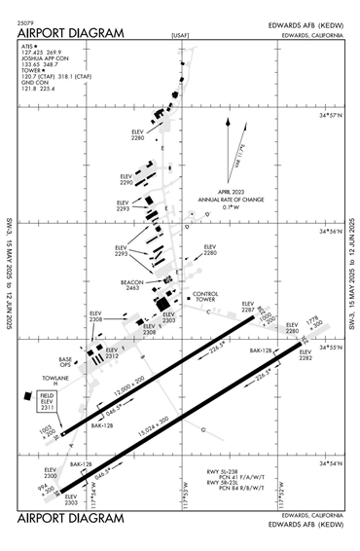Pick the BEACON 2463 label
point(133,284)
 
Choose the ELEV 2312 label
point(111,352)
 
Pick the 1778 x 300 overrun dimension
point(313,320)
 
